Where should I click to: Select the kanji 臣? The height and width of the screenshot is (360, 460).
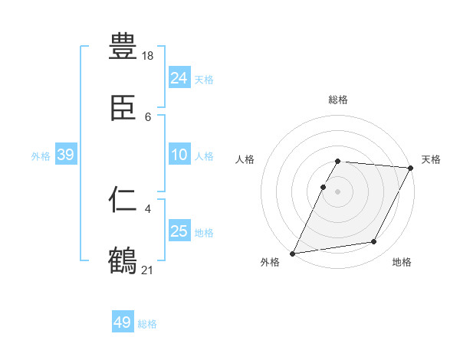click(x=123, y=108)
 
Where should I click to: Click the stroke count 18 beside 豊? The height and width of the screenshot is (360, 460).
click(x=149, y=55)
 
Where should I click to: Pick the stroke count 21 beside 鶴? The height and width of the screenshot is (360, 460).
click(x=149, y=269)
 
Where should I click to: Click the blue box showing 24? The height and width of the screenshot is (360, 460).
click(x=179, y=77)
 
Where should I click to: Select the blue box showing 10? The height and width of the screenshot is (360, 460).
click(x=179, y=155)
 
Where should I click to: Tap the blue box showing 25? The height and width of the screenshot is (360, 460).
click(x=179, y=231)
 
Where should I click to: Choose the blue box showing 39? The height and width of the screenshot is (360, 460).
click(x=66, y=155)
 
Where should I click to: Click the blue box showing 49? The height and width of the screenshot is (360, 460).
click(x=123, y=322)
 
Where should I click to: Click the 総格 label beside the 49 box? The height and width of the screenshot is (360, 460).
click(x=147, y=324)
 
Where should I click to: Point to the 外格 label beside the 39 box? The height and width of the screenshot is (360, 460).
click(x=41, y=156)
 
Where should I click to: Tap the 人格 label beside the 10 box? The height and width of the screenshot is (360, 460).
click(x=204, y=156)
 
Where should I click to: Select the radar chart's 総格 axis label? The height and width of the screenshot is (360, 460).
click(x=338, y=100)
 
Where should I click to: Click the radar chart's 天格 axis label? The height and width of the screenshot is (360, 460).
click(x=431, y=159)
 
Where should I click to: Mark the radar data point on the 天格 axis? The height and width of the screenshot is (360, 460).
click(x=411, y=168)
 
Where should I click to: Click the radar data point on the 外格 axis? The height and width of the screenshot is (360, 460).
click(x=293, y=254)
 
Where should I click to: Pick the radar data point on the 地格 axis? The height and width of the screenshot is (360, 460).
click(x=374, y=242)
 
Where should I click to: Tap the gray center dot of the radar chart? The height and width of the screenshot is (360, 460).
click(x=338, y=191)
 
